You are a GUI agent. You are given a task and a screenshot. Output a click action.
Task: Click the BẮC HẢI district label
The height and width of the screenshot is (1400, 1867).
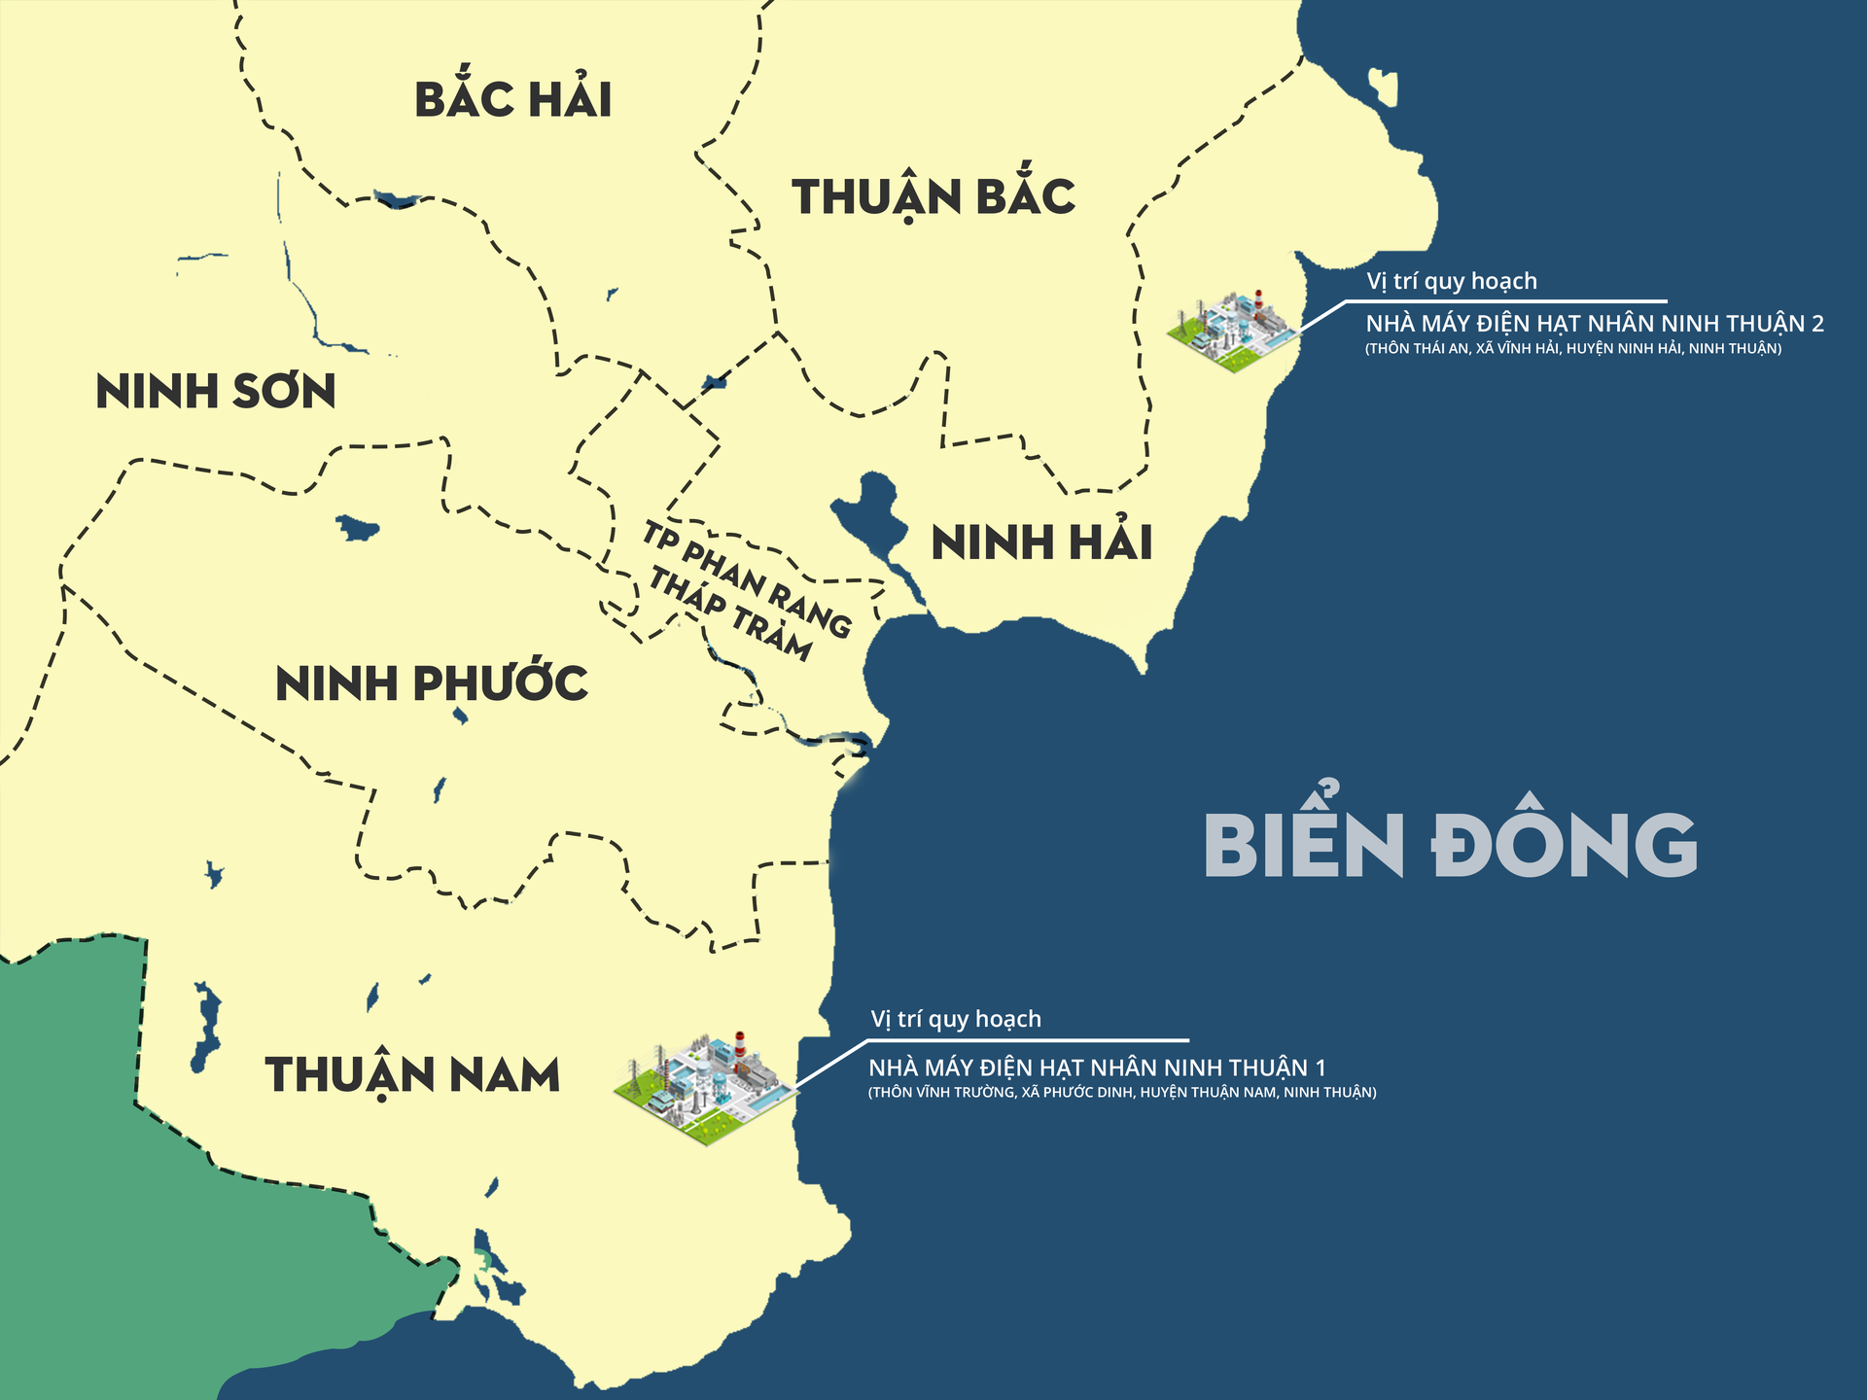pos(513,100)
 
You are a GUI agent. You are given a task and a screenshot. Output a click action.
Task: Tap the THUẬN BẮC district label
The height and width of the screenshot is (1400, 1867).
pos(933,197)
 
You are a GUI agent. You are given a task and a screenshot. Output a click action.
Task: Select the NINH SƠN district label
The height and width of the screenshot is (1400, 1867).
pos(216,392)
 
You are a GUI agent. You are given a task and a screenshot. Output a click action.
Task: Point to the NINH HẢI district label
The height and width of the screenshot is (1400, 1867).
pos(1041,542)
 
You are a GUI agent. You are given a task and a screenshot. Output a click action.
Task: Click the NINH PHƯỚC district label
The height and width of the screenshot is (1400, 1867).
pos(432,683)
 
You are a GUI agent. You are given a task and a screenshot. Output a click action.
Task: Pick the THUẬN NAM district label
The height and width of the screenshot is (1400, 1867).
pos(412,1075)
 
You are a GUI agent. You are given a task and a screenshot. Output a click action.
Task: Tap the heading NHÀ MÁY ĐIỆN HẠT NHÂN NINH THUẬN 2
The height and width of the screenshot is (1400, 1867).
pos(1595,324)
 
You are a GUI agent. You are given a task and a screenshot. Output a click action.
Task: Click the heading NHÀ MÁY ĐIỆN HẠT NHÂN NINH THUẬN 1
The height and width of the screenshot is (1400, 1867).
pos(1097,1067)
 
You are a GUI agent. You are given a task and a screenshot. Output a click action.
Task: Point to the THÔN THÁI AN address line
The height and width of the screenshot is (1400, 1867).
pos(1573,349)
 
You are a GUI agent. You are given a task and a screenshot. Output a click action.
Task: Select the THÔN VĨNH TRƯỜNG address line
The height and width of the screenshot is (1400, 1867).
pos(1122,1093)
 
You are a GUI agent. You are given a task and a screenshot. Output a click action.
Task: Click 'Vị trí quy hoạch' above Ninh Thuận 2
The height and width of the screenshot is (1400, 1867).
pos(1452,281)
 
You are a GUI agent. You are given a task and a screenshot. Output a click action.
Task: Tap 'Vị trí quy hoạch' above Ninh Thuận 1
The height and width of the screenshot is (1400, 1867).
pos(956,1019)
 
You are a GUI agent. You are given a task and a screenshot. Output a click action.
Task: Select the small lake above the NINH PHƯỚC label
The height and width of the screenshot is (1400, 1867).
pos(356,529)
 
